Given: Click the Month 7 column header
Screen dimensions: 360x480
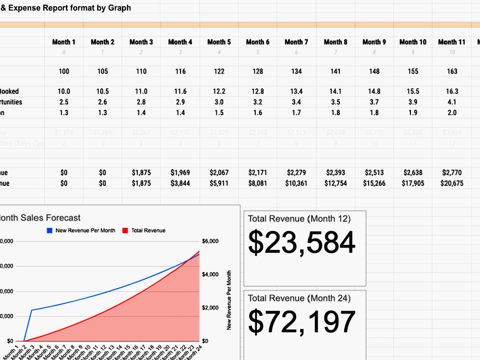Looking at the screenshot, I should (x=296, y=42).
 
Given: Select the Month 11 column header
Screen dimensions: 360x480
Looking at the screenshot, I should (x=451, y=42).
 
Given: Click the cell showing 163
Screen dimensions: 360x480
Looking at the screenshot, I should (x=452, y=72).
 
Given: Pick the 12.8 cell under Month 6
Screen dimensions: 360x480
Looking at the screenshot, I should (x=258, y=92).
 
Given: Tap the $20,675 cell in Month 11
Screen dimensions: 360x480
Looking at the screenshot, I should (x=451, y=183).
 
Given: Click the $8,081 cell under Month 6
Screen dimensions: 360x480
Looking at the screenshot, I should (x=258, y=183).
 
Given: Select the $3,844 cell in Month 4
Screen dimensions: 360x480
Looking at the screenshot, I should (x=180, y=183).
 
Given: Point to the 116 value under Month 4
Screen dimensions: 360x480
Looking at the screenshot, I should (x=180, y=72).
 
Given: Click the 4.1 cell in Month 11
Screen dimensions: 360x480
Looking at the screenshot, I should (x=452, y=102).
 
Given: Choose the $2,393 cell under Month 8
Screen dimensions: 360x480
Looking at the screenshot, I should (x=335, y=173).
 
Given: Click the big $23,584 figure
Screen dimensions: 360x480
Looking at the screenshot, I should (x=301, y=243).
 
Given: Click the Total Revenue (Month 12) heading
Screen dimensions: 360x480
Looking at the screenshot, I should (x=299, y=219).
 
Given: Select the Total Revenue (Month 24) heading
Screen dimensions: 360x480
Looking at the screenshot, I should (x=299, y=299).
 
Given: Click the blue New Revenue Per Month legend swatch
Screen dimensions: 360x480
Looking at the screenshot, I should (x=49, y=230).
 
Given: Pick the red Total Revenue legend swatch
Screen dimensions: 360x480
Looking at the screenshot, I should (x=125, y=230).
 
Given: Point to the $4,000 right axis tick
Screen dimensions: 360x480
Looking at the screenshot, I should (x=210, y=275).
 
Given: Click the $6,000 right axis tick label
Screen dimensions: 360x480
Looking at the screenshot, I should (x=210, y=241).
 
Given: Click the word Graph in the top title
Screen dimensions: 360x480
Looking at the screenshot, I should (x=120, y=8).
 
